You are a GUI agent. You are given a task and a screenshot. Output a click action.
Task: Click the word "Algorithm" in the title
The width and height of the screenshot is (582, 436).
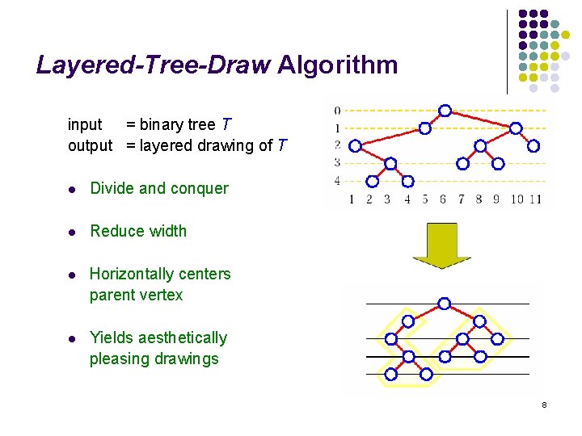(x=337, y=65)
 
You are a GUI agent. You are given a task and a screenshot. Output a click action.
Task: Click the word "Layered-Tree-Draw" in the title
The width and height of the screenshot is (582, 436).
(x=154, y=65)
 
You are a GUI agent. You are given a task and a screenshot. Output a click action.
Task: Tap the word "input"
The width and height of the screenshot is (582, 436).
(x=85, y=124)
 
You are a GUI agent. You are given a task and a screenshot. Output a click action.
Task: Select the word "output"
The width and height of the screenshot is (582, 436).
(x=90, y=145)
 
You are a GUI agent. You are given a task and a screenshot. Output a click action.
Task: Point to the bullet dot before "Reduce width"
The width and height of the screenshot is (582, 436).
(x=72, y=232)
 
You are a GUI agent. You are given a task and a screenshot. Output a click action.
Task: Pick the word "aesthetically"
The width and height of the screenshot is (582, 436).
(x=182, y=337)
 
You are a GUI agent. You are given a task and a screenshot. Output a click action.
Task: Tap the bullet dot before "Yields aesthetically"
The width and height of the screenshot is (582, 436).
(x=72, y=338)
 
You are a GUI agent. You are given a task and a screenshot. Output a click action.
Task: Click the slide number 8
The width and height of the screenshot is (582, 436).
(x=545, y=404)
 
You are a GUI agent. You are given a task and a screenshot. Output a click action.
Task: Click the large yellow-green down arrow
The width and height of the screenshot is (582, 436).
(x=441, y=245)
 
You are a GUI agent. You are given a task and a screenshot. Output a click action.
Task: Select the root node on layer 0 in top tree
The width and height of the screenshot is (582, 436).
(x=445, y=111)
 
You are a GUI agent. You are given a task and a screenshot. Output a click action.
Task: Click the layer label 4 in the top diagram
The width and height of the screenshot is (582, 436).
(x=337, y=181)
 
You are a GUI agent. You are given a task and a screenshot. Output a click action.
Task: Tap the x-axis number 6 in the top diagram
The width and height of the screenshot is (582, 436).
(x=443, y=199)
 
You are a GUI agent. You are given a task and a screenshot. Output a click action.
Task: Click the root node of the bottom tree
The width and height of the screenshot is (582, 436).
(x=443, y=304)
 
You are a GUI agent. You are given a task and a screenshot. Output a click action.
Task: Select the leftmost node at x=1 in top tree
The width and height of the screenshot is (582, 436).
(x=353, y=146)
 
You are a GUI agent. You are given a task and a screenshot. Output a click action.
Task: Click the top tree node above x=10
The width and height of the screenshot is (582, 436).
(x=516, y=128)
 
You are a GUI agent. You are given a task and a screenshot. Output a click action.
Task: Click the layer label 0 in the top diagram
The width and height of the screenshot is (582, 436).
(x=337, y=111)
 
